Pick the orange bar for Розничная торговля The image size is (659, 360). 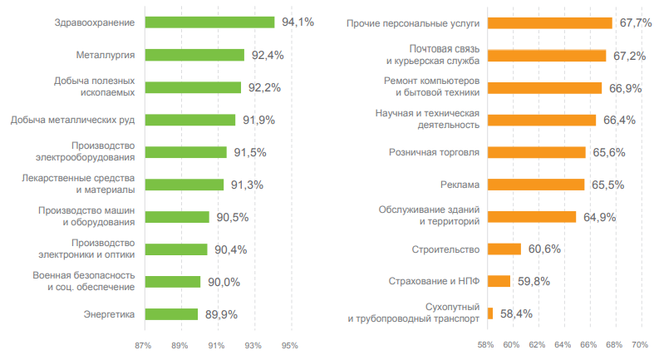536,152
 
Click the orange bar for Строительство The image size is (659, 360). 504,249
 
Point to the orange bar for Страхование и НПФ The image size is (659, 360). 499,281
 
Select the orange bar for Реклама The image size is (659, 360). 536,185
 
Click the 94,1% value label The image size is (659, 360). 298,22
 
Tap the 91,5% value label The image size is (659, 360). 250,152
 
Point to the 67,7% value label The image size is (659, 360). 635,23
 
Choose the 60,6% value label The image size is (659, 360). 543,249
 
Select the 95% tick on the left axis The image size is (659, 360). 290,345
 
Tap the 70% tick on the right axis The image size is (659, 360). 640,345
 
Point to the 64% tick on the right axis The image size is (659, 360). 563,345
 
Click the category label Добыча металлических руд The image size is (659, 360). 73,120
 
